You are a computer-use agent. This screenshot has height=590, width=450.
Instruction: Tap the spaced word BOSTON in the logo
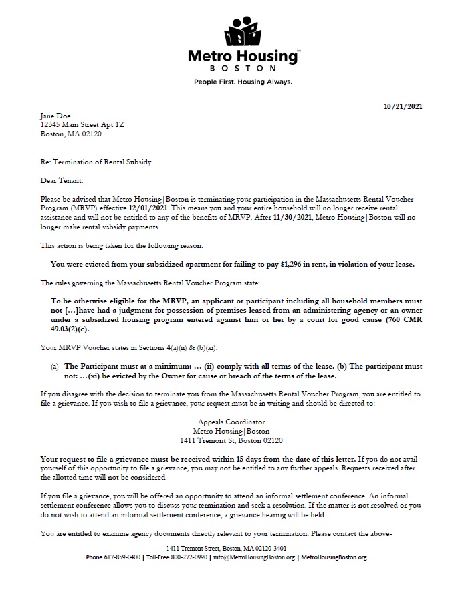click(x=243, y=68)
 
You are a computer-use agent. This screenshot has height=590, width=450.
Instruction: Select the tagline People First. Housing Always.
click(x=243, y=82)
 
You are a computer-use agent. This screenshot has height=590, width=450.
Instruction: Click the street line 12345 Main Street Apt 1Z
click(x=82, y=124)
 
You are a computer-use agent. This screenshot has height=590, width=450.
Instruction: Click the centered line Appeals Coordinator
click(x=231, y=422)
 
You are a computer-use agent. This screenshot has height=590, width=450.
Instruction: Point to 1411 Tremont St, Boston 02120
click(x=231, y=440)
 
